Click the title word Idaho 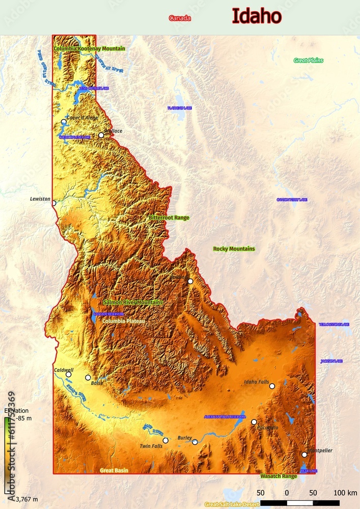pyautogui.click(x=256, y=16)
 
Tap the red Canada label pyautogui.click(x=180, y=18)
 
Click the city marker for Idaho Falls pyautogui.click(x=272, y=386)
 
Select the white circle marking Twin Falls pyautogui.click(x=165, y=440)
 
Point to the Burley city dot pyautogui.click(x=195, y=442)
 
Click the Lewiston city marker pyautogui.click(x=53, y=203)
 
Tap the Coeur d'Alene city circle pyautogui.click(x=64, y=122)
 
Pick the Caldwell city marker pyautogui.click(x=68, y=374)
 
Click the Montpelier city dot pyautogui.click(x=304, y=455)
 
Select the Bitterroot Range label pyautogui.click(x=169, y=217)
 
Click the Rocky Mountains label pyautogui.click(x=234, y=249)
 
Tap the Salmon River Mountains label pyautogui.click(x=133, y=302)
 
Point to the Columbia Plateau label pyautogui.click(x=123, y=321)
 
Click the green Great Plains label pyautogui.click(x=308, y=60)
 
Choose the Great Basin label pyautogui.click(x=114, y=470)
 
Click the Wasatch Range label pyautogui.click(x=279, y=476)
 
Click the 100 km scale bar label pyautogui.click(x=345, y=493)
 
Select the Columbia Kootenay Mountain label pyautogui.click(x=89, y=48)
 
